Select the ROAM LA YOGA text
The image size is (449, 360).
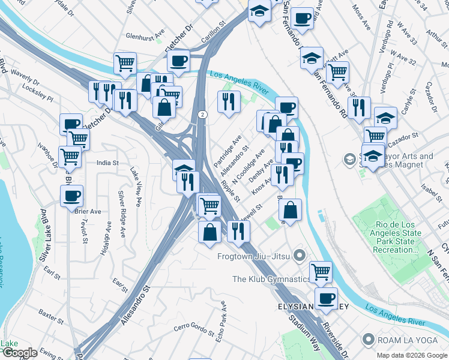[x=406, y=340]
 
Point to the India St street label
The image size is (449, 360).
[x=108, y=163]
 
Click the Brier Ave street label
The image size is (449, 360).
[x=88, y=212]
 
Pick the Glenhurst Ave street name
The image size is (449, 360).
[x=145, y=36]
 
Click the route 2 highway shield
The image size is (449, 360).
[x=203, y=114]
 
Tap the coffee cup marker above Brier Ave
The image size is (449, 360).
[x=71, y=196]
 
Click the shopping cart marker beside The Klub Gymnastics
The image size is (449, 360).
[x=321, y=271]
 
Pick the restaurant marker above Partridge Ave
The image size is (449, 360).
[x=229, y=101]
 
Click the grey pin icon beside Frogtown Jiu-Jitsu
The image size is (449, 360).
[x=300, y=256]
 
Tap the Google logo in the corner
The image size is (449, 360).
[x=20, y=353]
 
